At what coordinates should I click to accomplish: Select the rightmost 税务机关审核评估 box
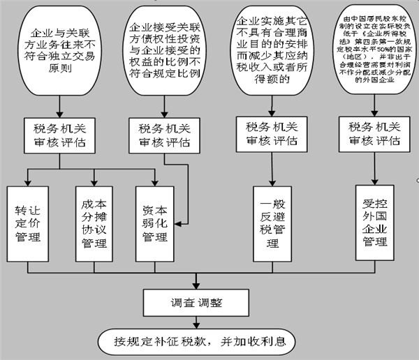point(374,135)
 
